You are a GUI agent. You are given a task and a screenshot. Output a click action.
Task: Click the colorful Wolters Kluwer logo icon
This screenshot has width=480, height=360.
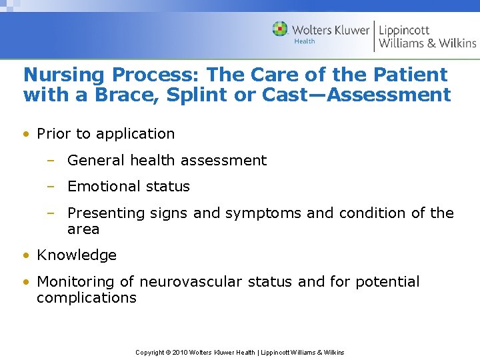click(x=280, y=29)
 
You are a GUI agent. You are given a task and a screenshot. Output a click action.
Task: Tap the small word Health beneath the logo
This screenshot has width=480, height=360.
click(x=305, y=41)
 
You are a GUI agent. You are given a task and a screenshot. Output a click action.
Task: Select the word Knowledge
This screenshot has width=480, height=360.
click(x=77, y=255)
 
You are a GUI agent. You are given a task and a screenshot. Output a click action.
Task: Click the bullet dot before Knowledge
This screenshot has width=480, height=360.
click(x=25, y=255)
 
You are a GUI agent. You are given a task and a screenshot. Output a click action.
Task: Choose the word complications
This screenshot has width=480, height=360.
click(x=86, y=298)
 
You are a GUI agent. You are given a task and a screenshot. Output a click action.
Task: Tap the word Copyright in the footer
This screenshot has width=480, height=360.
click(x=150, y=352)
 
